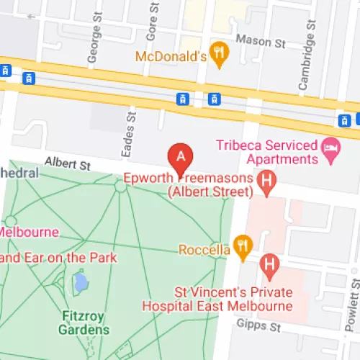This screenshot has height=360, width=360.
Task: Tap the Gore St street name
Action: click(x=152, y=23)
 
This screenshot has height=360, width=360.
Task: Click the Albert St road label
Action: click(x=66, y=165)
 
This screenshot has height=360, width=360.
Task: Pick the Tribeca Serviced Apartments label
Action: click(x=267, y=152)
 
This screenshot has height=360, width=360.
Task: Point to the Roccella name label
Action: click(x=204, y=250)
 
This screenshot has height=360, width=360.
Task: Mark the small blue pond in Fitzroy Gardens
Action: click(x=81, y=281)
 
